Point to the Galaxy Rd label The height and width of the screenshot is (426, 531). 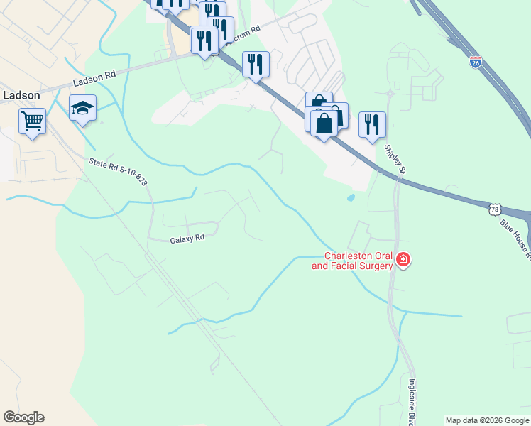(x=187, y=239)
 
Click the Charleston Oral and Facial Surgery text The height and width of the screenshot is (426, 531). (x=358, y=261)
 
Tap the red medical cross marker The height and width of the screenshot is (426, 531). (x=403, y=261)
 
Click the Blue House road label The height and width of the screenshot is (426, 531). (x=515, y=239)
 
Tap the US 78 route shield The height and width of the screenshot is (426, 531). (x=495, y=209)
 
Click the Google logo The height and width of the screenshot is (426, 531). (x=23, y=417)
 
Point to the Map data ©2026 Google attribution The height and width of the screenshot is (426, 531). (x=488, y=420)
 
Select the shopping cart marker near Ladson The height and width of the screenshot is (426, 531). (x=33, y=121)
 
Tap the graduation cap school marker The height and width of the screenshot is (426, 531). (x=82, y=109)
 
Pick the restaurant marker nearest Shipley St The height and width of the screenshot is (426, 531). (x=372, y=125)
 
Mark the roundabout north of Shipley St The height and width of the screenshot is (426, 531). (x=390, y=93)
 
